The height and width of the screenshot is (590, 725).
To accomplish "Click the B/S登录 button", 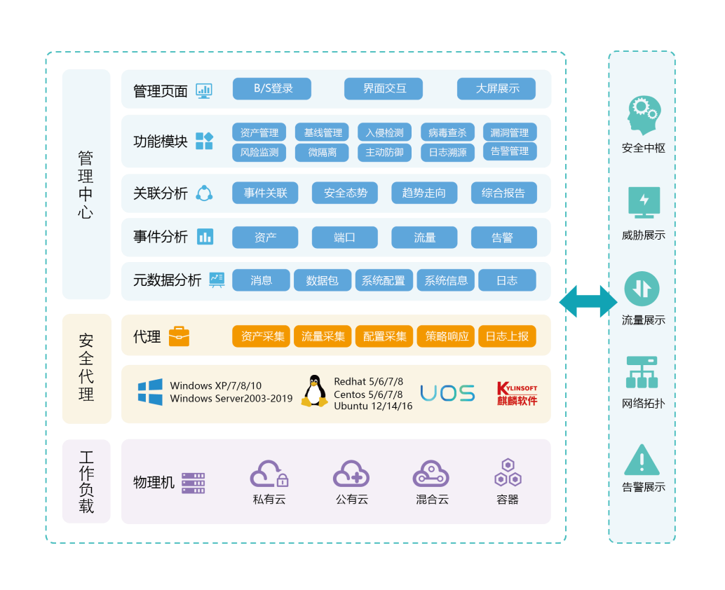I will pos(271,89).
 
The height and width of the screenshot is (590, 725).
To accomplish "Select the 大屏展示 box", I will pos(496,89).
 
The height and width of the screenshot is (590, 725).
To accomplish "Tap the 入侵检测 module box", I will pos(384,132).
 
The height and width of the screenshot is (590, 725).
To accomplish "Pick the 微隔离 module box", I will pos(322,152).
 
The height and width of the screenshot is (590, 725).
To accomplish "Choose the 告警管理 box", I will pos(510,151).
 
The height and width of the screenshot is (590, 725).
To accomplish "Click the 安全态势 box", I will pos(345,193).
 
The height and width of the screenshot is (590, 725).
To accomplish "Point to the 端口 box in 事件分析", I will pos(344,238).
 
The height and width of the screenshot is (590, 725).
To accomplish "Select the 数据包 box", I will pos(322,280).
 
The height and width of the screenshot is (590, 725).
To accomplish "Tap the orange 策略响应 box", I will pos(447,336).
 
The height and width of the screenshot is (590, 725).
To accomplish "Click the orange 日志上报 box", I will pos(507,336).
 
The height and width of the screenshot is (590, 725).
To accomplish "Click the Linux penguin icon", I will pos(315,392).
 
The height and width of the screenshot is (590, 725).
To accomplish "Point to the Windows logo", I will pos(150,392).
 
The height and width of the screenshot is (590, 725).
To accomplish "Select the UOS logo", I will pos(447,393).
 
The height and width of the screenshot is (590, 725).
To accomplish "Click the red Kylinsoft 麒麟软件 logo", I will pos(517,393).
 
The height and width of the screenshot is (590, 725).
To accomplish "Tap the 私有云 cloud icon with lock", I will pos(269,474).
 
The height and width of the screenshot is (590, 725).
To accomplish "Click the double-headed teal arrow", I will pos(588,301).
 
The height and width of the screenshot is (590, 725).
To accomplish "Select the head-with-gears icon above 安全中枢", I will pos(643,116).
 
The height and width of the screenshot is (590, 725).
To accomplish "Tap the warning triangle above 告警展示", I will pos(642,460).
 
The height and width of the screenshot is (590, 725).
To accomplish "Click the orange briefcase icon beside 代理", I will pos(179,336).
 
